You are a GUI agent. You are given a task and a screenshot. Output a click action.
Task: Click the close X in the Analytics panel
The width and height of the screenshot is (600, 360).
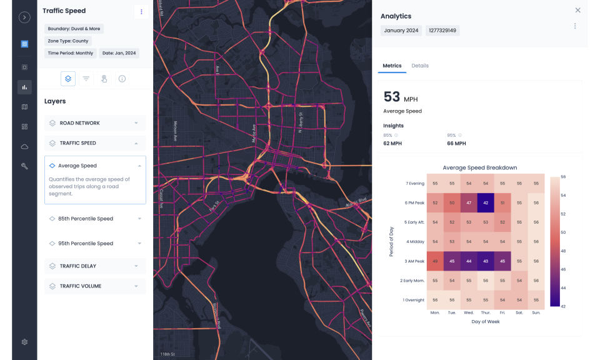click(577, 10)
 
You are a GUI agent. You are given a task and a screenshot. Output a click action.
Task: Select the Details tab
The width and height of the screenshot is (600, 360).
click(420, 66)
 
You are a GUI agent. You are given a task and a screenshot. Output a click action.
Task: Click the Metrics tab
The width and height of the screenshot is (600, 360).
click(392, 66)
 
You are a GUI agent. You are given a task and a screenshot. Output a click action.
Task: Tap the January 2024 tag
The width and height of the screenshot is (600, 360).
click(401, 30)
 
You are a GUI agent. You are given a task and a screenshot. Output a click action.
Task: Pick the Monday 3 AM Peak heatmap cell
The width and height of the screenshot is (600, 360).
click(435, 261)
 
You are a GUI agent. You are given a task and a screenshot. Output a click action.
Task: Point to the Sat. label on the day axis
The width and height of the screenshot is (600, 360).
click(519, 312)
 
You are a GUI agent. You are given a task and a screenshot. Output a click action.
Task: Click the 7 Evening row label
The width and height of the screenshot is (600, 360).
click(415, 183)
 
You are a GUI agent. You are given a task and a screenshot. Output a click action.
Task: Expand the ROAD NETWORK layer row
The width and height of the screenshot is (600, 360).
click(95, 123)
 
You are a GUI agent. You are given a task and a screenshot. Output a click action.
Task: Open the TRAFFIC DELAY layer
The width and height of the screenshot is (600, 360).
click(95, 266)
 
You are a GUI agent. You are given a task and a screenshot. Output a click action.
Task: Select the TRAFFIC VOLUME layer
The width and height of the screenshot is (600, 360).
click(95, 286)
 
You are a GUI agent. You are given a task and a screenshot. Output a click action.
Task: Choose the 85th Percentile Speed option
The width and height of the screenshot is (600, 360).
click(95, 219)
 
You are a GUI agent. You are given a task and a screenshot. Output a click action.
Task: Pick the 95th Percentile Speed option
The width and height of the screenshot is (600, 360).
click(95, 243)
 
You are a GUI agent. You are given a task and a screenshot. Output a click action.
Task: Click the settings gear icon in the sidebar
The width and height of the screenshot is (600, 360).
click(24, 342)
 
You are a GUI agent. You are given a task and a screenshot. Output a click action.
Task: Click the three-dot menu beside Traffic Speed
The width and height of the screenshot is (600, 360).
click(141, 11)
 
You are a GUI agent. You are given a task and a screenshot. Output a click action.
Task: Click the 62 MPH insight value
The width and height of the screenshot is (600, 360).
click(392, 143)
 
